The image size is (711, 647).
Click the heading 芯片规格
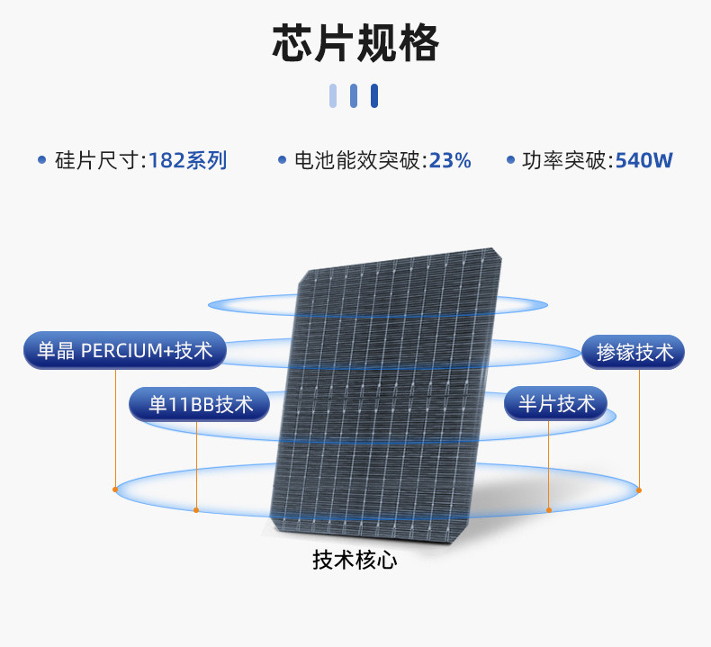tap(355, 44)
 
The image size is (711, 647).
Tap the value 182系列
tap(187, 161)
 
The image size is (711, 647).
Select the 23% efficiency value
tap(450, 161)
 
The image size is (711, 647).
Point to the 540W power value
tap(643, 161)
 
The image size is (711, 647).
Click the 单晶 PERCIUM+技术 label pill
tap(124, 351)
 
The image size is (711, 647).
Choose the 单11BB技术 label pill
tap(200, 404)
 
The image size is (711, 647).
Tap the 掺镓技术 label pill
tap(634, 352)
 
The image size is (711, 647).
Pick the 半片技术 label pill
tap(556, 404)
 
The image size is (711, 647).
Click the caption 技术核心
tap(355, 560)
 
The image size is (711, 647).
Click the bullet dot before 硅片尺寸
tap(41, 160)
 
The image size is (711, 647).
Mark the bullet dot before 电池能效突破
tap(282, 160)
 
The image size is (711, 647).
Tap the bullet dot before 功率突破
tap(509, 160)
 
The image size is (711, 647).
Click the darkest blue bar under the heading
tap(374, 95)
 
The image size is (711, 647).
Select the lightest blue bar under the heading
tap(333, 95)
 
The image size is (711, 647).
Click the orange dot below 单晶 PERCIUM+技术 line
tap(115, 490)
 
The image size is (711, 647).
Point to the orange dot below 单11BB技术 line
tap(196, 510)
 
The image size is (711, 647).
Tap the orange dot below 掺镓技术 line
tap(639, 490)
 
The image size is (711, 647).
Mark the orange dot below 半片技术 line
tap(549, 510)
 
